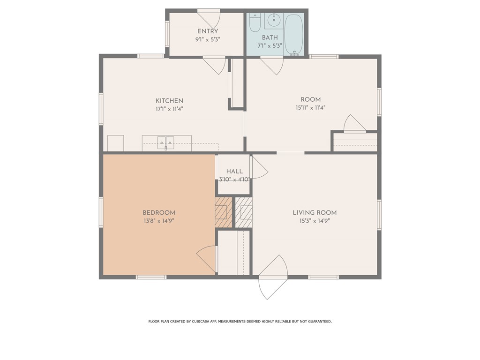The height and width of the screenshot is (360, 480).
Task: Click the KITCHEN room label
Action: coord(169,101)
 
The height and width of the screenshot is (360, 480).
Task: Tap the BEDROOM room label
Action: coord(159,213)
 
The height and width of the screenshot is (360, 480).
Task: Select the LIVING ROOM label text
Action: coord(315,213)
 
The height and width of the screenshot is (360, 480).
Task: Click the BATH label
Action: coord(270,37)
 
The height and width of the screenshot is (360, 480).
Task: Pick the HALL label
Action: coord(234,172)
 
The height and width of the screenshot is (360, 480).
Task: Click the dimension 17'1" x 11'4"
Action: coord(169,109)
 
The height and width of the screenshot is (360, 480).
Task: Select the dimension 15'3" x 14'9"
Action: coord(315,221)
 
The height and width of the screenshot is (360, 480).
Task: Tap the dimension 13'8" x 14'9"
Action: coord(159,221)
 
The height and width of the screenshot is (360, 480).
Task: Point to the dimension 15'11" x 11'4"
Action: coord(310,107)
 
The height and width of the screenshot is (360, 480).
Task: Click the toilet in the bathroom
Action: coord(255,22)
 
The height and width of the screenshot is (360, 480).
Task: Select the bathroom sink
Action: coord(273,21)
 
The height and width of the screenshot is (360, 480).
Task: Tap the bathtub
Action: coord(294,34)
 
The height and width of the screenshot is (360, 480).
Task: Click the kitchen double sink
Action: coord(165,142)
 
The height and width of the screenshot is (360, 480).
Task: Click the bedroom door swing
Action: coord(207,259)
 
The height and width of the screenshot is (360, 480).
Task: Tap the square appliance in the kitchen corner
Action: coord(115,143)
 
